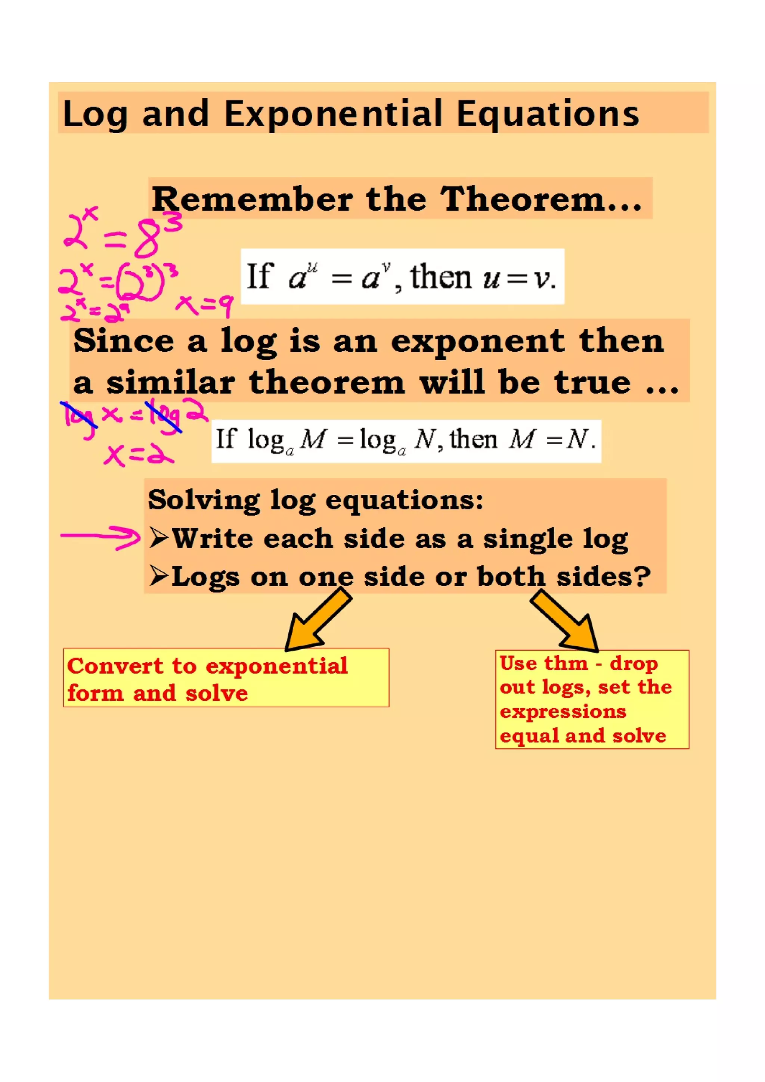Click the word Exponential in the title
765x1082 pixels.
click(x=332, y=114)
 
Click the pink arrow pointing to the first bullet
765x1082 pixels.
click(x=100, y=537)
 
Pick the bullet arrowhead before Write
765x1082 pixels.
click(x=159, y=537)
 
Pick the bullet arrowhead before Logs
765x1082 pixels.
click(x=159, y=575)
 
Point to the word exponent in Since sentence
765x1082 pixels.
click(x=477, y=341)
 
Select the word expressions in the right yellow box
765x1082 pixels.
click(x=563, y=712)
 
